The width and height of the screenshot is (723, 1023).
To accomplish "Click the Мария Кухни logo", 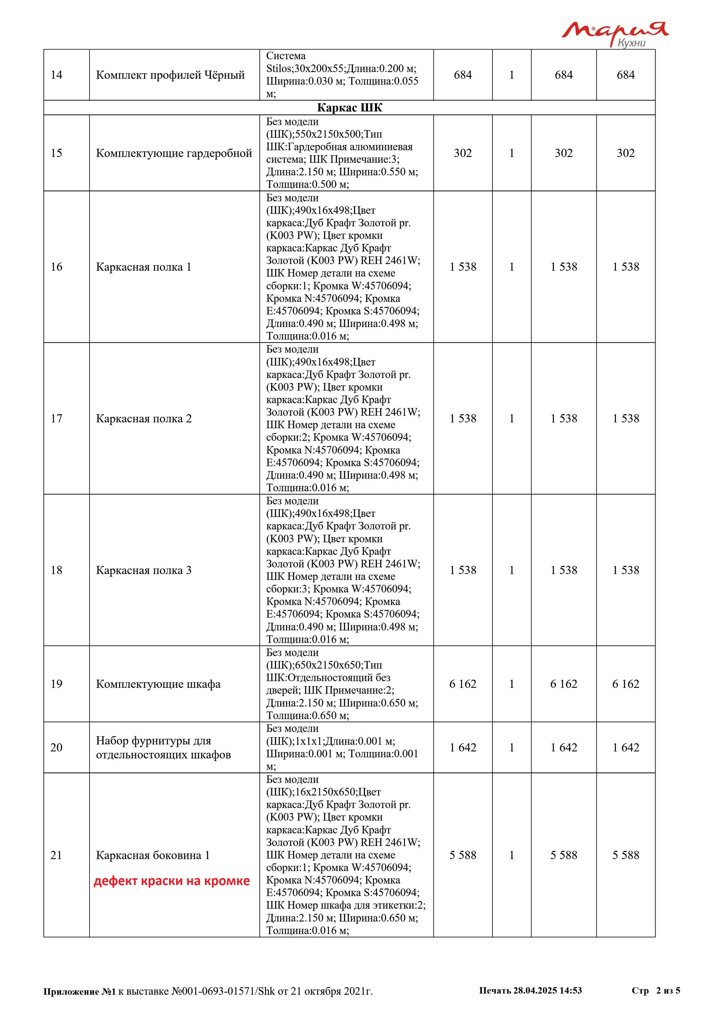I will click(x=614, y=34).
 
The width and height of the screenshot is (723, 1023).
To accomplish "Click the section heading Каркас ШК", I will click(x=350, y=108).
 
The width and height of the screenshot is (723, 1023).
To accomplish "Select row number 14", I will click(x=57, y=75).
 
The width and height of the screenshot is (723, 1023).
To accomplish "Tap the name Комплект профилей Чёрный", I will click(x=171, y=75).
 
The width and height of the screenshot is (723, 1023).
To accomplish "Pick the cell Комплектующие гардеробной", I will click(x=174, y=153).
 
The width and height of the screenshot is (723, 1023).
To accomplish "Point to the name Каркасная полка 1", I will click(x=144, y=267).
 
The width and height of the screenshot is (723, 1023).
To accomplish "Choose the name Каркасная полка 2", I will click(x=144, y=418).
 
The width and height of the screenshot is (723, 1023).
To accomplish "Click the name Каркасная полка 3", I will click(x=144, y=570).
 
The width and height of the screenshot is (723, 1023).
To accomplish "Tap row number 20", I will click(x=57, y=747).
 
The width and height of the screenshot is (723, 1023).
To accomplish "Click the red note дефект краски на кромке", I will click(x=171, y=881).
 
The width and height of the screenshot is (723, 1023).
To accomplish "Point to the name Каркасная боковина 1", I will click(x=153, y=855).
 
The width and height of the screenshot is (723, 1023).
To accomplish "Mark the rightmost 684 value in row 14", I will click(x=626, y=75).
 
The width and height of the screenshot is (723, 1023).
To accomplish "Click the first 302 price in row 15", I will click(x=463, y=153).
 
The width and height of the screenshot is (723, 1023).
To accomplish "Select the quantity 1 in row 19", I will click(x=512, y=684).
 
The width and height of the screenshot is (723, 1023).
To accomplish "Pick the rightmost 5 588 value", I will click(x=626, y=855).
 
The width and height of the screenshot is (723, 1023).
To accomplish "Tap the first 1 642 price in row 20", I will click(x=463, y=747).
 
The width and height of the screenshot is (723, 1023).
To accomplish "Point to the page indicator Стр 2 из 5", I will click(x=656, y=990).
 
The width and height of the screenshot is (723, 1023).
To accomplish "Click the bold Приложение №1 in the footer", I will click(x=80, y=991).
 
